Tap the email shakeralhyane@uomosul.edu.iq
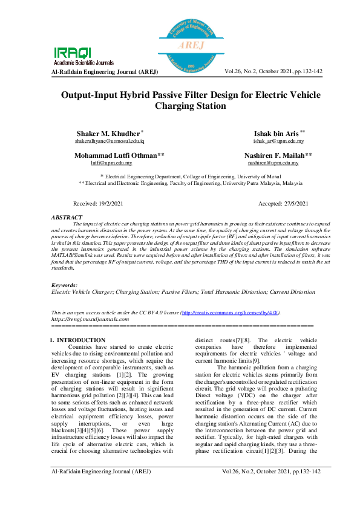pos(110,140)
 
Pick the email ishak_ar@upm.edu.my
pos(278,140)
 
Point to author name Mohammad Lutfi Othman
pos(119,155)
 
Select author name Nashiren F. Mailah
pos(278,155)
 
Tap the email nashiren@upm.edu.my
pos(270,163)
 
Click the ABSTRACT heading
pos(67,217)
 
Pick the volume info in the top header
pos(273,71)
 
